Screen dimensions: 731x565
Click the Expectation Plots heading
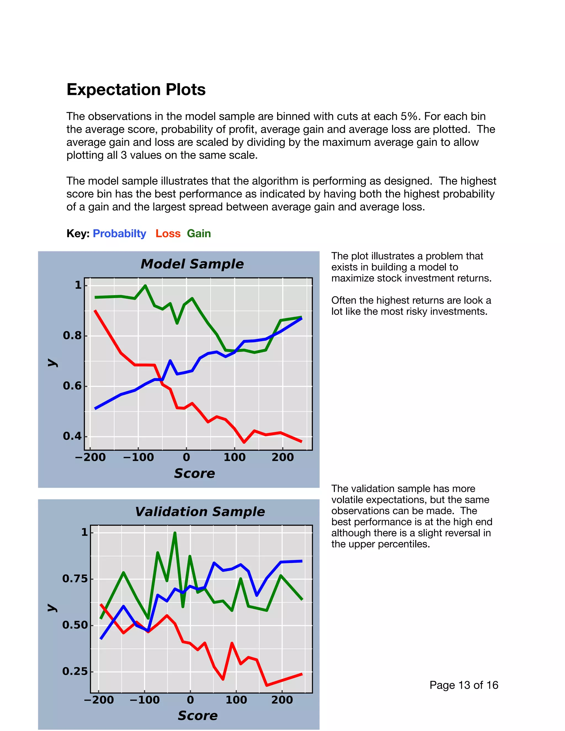tap(136, 90)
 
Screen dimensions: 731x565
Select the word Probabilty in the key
tap(119, 233)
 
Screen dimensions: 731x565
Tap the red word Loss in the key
tap(168, 233)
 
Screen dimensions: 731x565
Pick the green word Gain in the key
tap(199, 233)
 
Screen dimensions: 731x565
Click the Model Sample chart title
tap(192, 264)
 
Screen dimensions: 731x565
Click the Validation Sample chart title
tap(200, 511)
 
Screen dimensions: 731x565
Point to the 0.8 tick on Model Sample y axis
tap(72, 335)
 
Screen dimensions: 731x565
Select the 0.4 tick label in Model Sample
tap(72, 436)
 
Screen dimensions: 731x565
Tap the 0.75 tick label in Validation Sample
tap(75, 578)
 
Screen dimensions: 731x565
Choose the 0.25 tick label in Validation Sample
tap(75, 671)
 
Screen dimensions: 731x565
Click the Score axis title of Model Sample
tap(194, 473)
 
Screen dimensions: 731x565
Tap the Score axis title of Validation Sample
tap(198, 716)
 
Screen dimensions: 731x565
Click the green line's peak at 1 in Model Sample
tap(145, 286)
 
